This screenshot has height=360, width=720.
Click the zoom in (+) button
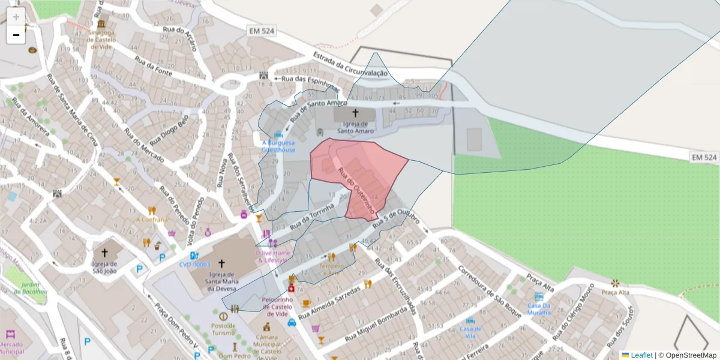coord(16,17)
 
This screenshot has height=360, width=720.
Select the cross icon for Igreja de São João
coord(105,253)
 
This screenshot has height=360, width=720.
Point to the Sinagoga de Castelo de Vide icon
coord(101,24)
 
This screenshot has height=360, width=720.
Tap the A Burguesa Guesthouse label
coord(278,146)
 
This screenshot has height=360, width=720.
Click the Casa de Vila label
coord(470,332)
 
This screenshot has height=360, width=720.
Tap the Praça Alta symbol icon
coord(615,283)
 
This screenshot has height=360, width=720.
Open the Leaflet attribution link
coord(640,355)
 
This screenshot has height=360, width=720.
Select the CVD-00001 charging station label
coord(195,265)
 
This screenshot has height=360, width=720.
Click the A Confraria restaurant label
coord(152,220)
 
